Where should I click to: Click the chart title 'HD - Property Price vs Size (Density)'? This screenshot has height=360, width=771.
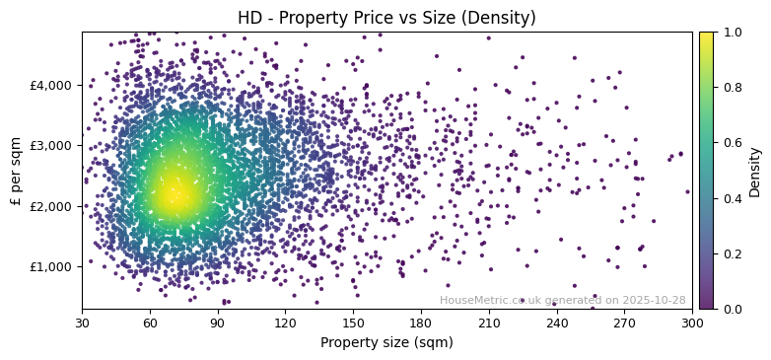[x=386, y=18]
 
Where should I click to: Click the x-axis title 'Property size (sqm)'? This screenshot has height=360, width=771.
[x=386, y=342]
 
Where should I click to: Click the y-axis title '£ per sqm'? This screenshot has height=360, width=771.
[x=16, y=171]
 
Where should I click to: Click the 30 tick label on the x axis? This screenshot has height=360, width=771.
[x=82, y=323]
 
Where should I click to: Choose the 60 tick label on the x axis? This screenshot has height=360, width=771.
[x=150, y=323]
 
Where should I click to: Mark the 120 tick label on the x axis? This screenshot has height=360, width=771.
[x=285, y=323]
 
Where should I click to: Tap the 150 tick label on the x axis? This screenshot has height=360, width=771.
[x=353, y=323]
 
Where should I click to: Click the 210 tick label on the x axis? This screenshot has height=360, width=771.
[x=489, y=323]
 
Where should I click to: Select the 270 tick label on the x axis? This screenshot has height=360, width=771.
[x=624, y=323]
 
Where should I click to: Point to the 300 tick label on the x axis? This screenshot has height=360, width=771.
[x=692, y=323]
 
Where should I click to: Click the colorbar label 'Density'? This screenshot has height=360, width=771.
[x=755, y=171]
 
